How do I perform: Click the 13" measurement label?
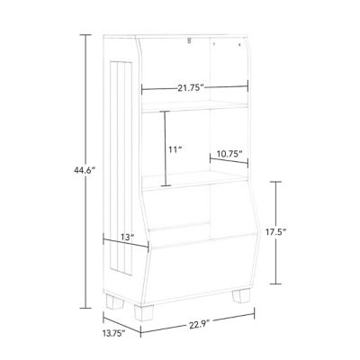pos(127,238)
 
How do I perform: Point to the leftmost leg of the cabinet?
pos(112,299)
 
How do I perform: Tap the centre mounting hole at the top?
pos(189,40)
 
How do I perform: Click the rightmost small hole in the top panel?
pos(242,42)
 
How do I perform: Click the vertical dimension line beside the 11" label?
pos(165,148)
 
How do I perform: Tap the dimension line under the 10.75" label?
pos(229,163)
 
